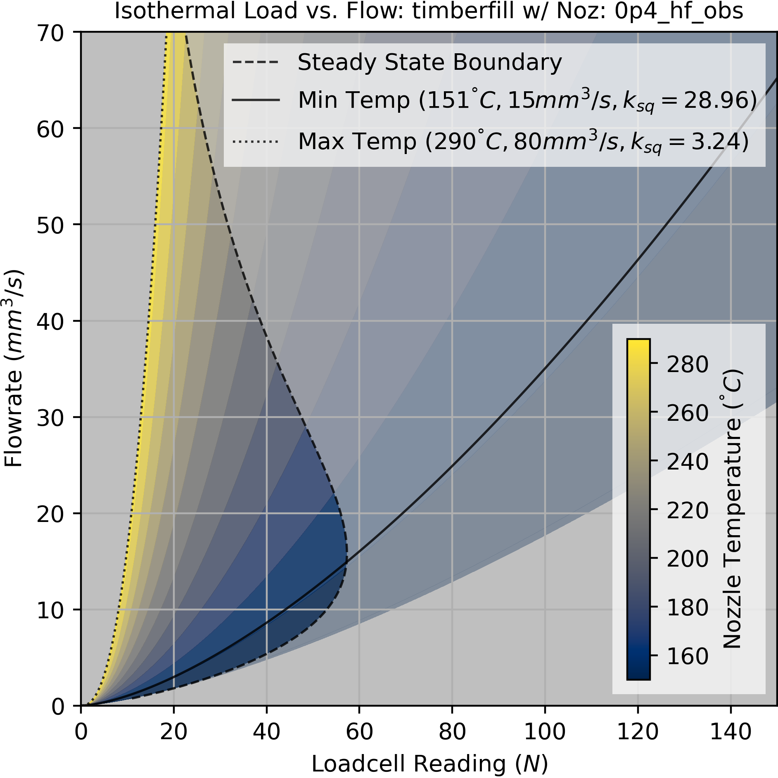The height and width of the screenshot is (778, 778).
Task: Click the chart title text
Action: coord(429,12)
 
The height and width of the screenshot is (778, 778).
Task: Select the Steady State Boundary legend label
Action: coord(429,63)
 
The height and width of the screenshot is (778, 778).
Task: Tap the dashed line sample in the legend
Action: coord(256,63)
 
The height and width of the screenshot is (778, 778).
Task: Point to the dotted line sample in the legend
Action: coord(256,142)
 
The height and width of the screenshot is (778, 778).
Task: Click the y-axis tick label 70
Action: coord(50,33)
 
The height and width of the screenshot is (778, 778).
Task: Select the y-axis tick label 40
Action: coord(50,321)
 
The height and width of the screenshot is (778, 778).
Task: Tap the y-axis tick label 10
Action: coord(50,610)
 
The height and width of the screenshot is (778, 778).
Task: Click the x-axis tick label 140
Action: coord(731,732)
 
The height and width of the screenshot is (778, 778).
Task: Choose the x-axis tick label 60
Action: coord(359,732)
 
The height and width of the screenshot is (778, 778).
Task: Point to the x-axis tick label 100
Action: coord(545,732)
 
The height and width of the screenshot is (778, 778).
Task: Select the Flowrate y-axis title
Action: coord(13,368)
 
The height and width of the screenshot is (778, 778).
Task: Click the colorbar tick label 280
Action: coord(688,364)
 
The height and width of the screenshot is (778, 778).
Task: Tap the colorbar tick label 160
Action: coord(688,656)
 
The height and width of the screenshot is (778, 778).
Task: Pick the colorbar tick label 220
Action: coord(688,510)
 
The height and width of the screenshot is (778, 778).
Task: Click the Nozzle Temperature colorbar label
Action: coord(733,509)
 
